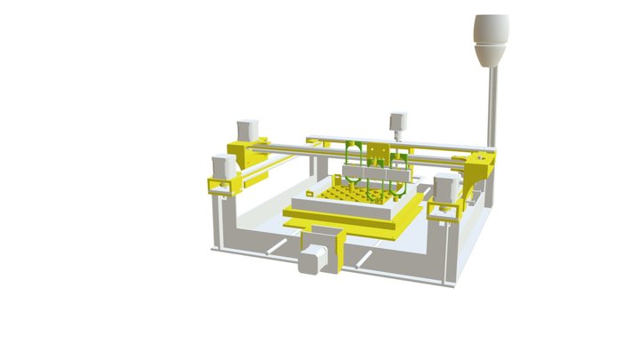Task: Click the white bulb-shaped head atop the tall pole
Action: [x=491, y=40]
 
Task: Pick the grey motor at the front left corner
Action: [x=224, y=166]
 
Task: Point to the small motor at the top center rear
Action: [x=397, y=124]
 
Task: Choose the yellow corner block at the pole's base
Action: [x=481, y=165]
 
